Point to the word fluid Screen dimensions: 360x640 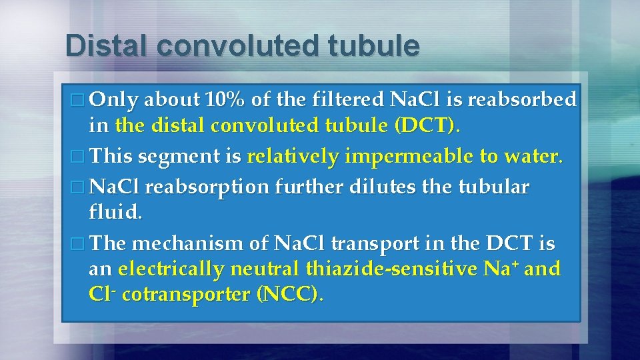[115, 215]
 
